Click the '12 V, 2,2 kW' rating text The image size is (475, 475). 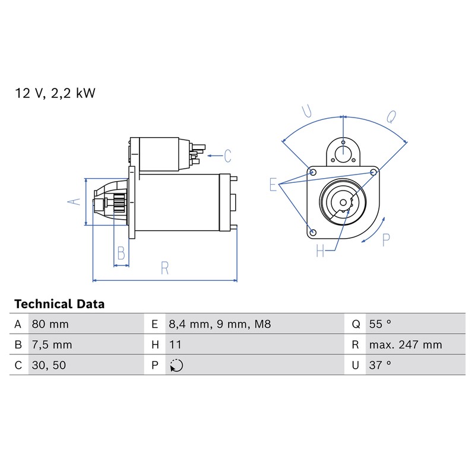pos(55,93)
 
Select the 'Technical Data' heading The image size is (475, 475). pos(59,304)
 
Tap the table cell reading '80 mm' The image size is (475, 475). pos(50,324)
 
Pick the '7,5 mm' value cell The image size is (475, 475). pos(52,345)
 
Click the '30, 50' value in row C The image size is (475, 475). pos(49,365)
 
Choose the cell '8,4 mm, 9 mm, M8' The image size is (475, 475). pos(220,324)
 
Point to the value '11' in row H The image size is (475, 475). pos(175,345)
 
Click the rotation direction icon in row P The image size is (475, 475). pos(176,365)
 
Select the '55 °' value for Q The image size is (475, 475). pos(380,324)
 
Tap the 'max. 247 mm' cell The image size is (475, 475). pos(406,345)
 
